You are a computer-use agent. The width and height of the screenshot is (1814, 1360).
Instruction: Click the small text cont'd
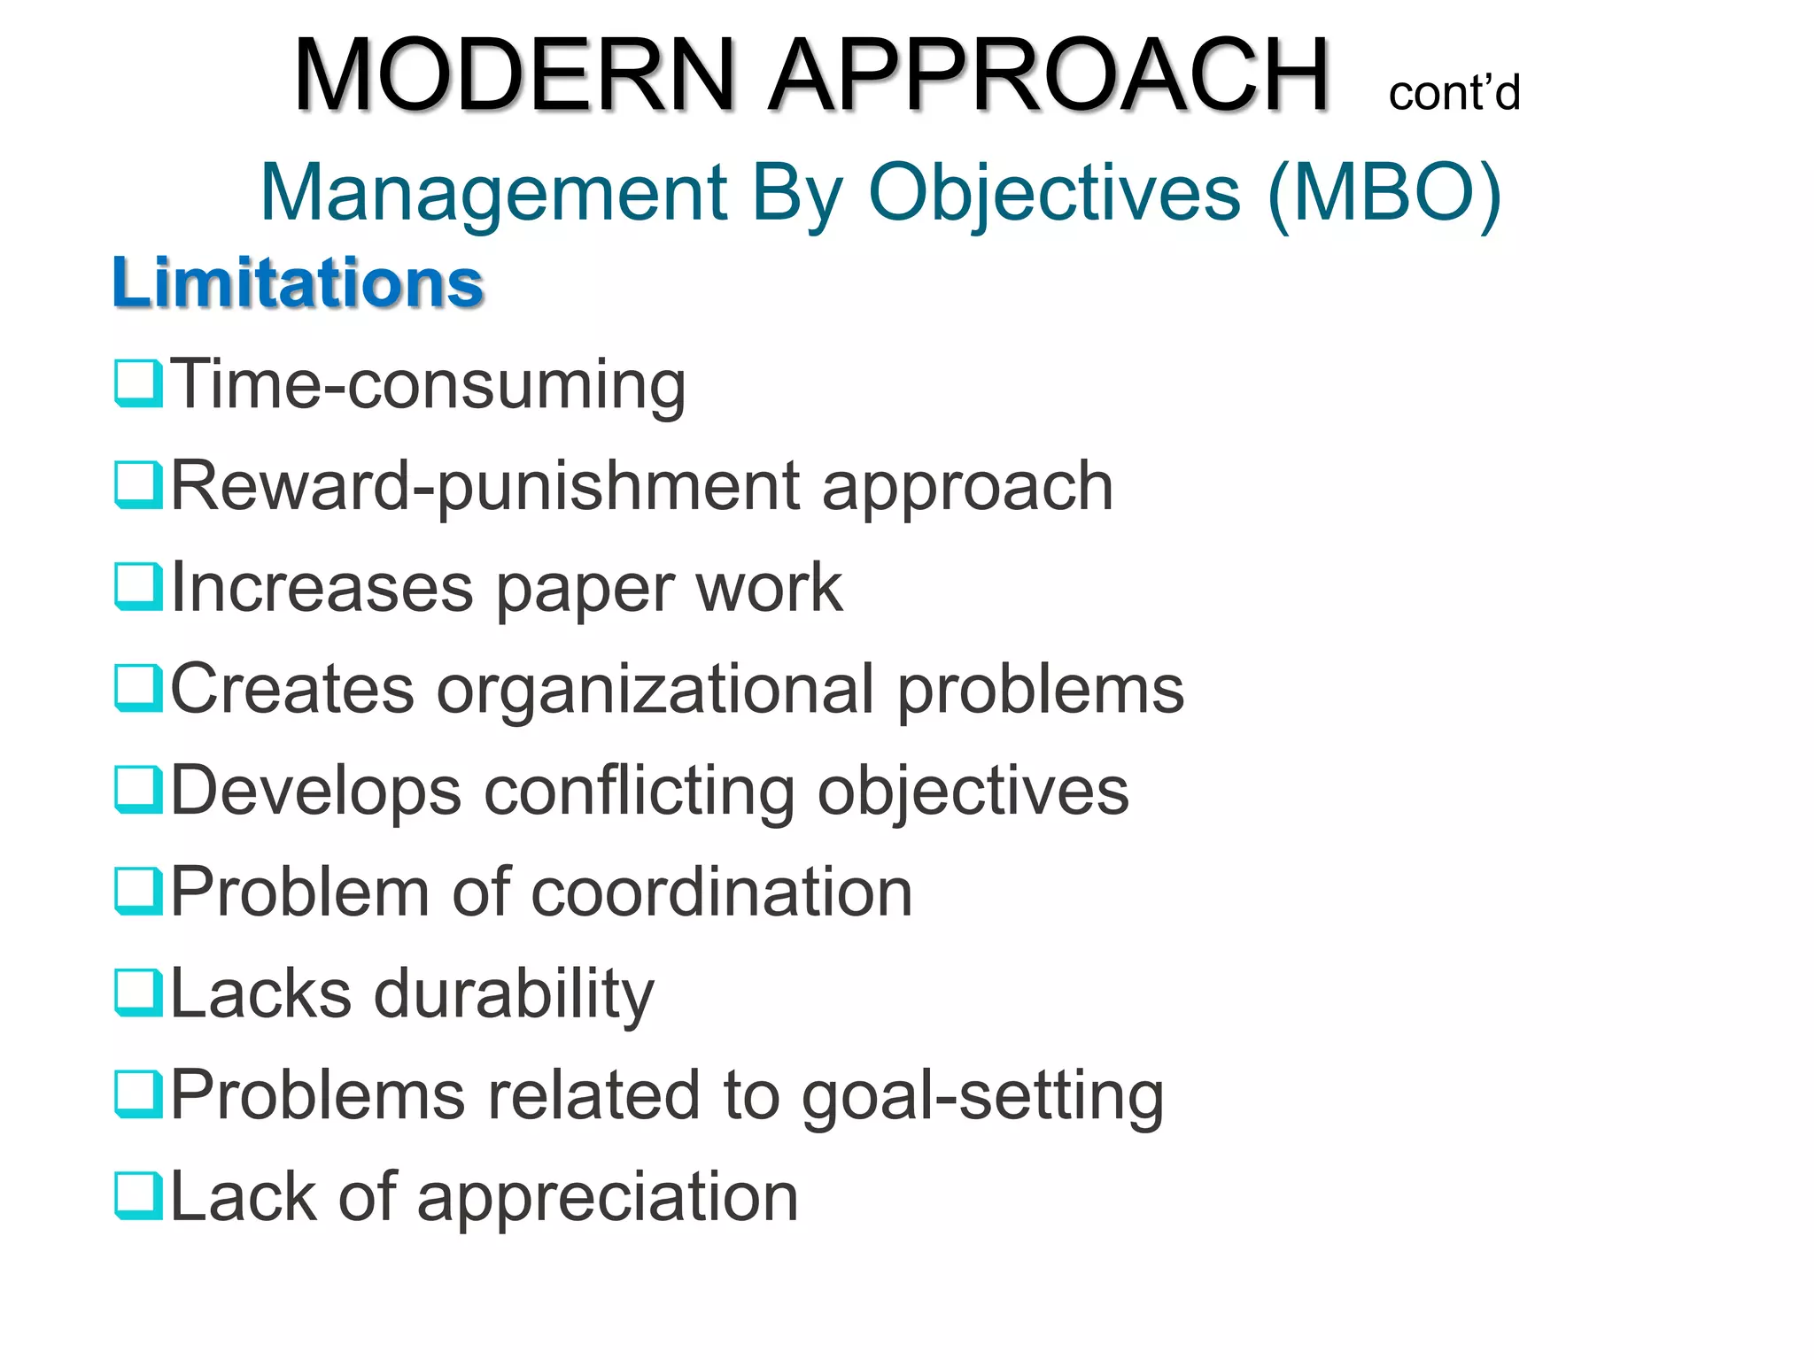[1454, 93]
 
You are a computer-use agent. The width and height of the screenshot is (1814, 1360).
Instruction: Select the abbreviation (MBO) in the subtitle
[1384, 192]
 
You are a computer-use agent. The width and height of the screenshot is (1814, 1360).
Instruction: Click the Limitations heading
[298, 283]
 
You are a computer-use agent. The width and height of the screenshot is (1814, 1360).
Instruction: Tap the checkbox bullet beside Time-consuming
[138, 383]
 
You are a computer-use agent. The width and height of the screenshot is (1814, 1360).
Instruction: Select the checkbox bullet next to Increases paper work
[138, 586]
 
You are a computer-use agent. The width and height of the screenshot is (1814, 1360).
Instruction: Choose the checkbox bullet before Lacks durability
[138, 993]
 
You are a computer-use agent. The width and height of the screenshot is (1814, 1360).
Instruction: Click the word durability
[514, 994]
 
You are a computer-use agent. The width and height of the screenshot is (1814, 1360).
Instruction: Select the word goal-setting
[982, 1096]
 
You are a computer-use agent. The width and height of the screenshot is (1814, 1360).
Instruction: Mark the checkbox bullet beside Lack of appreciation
[138, 1195]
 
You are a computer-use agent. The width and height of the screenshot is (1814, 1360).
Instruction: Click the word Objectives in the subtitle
[1054, 192]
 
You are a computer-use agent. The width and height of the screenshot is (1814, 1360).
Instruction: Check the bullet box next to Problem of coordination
[138, 891]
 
